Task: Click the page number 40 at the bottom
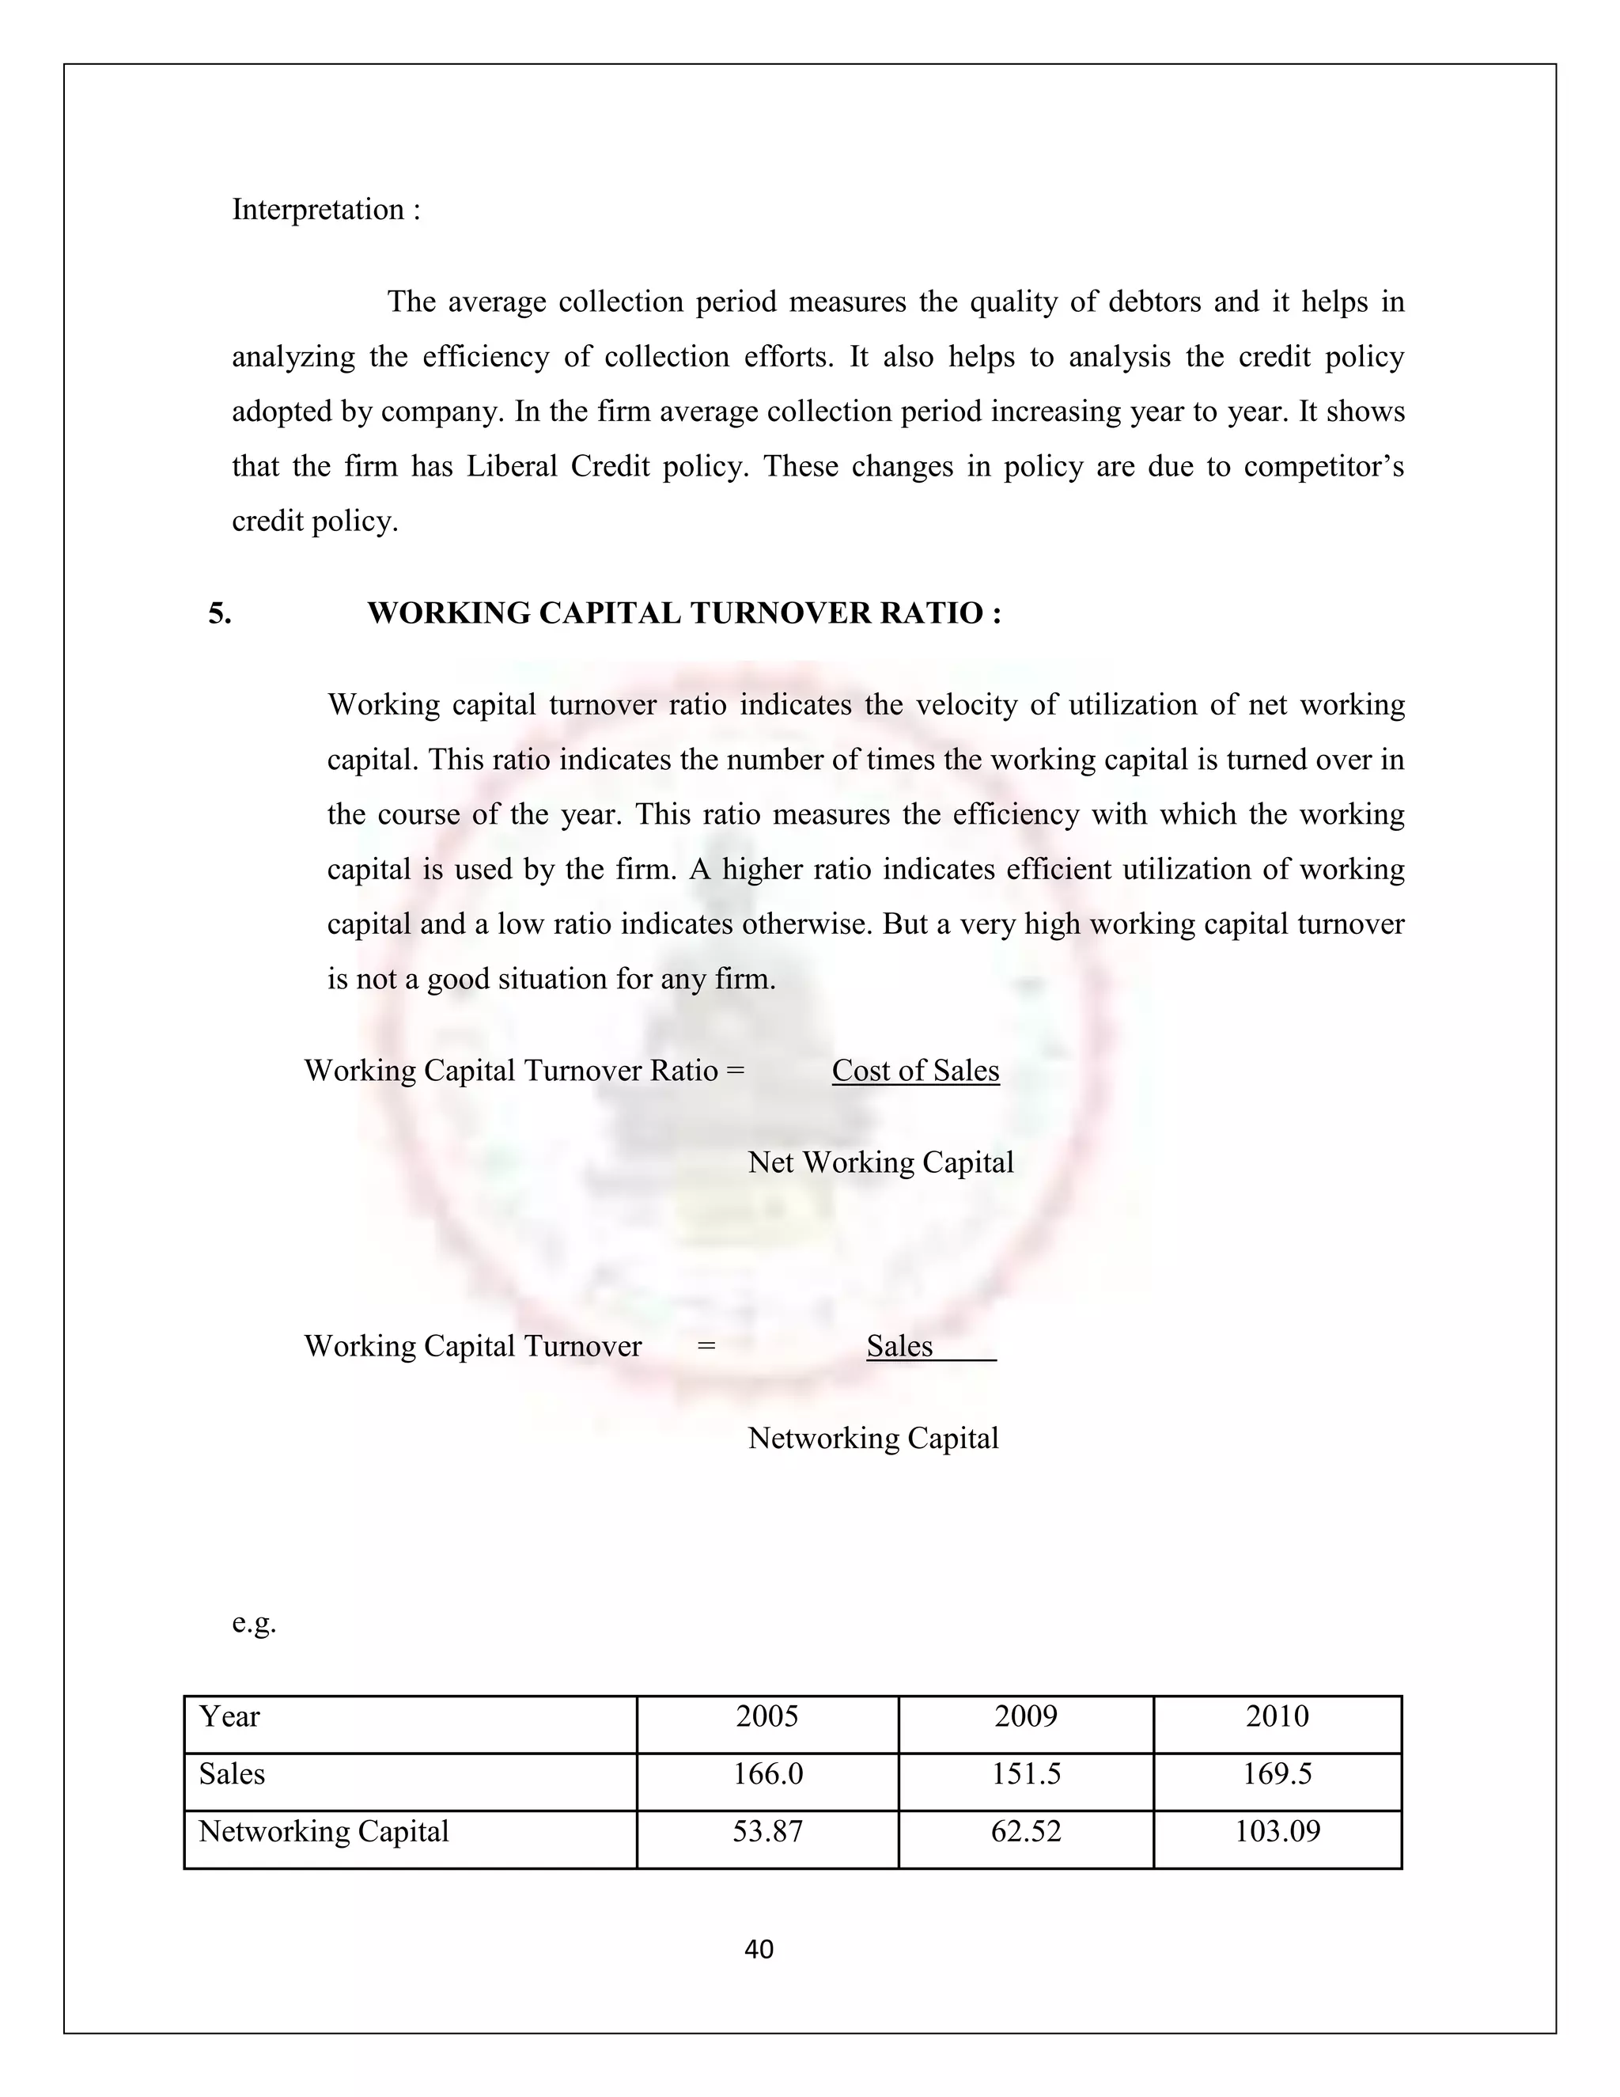click(x=758, y=1949)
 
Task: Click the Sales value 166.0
click(x=766, y=1773)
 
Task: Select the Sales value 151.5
click(x=1025, y=1773)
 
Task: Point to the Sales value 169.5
click(x=1277, y=1773)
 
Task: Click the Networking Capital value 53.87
click(x=766, y=1831)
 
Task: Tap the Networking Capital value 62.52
click(x=1025, y=1831)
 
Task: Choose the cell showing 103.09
click(x=1277, y=1831)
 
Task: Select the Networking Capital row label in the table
click(x=324, y=1831)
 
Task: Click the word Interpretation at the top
click(x=318, y=210)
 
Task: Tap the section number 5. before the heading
click(x=220, y=612)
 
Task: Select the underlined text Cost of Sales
click(x=914, y=1071)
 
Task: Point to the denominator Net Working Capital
click(x=880, y=1162)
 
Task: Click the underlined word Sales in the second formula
click(x=899, y=1346)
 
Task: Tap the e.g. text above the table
click(x=253, y=1623)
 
